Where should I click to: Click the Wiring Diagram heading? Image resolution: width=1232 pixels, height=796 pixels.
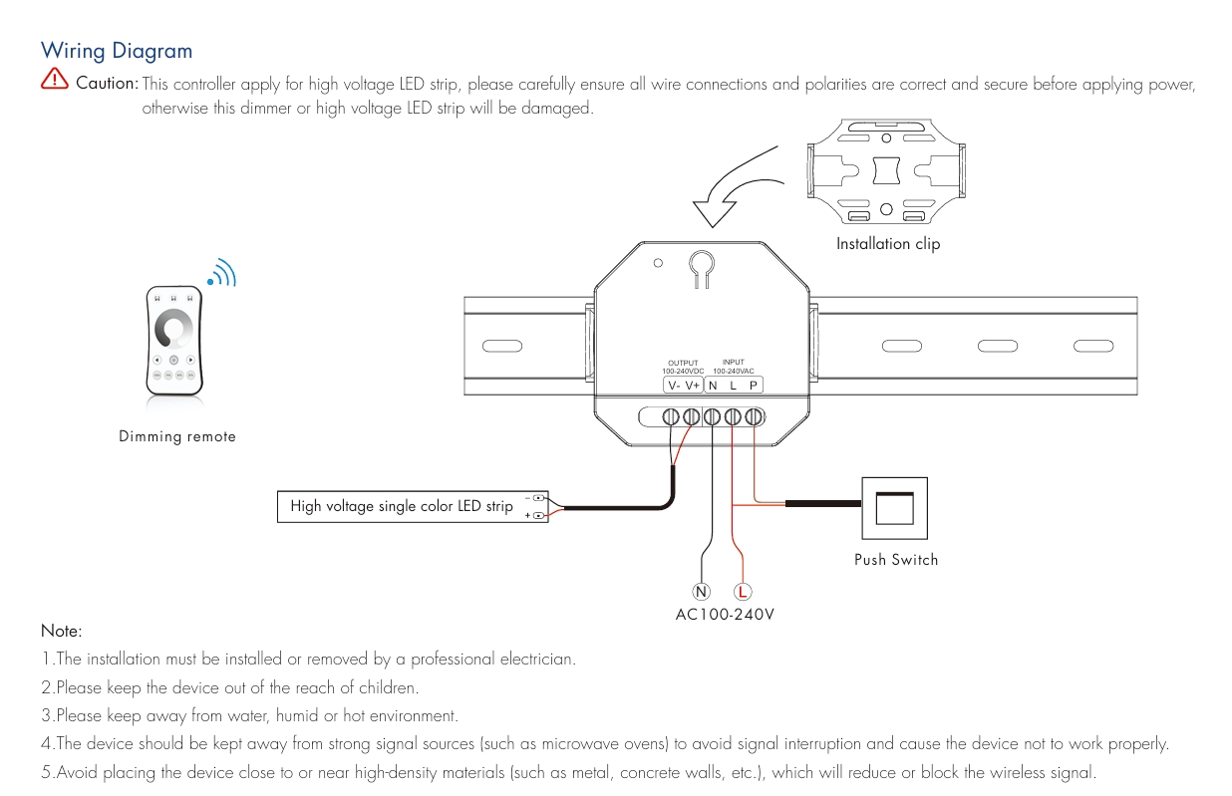(116, 50)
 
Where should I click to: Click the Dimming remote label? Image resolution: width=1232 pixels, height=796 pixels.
(177, 436)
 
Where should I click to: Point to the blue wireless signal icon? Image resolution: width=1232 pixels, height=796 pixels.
(221, 273)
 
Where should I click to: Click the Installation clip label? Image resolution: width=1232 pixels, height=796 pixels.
(887, 244)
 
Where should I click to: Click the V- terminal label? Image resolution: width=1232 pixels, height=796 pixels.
(674, 386)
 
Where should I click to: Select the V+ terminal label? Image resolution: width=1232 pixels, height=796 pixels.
(694, 386)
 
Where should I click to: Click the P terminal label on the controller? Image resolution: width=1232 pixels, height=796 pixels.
(754, 386)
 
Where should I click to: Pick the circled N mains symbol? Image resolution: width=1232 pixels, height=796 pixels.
(702, 592)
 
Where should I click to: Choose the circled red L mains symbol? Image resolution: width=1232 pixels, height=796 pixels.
(744, 592)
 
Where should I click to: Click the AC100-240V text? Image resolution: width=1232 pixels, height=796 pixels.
(725, 615)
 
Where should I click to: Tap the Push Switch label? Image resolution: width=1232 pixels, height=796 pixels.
(896, 560)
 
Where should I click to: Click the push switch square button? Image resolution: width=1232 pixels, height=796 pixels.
(895, 509)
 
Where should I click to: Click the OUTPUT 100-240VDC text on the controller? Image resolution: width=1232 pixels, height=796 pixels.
(684, 367)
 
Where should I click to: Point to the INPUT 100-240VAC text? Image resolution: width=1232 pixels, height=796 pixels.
(733, 367)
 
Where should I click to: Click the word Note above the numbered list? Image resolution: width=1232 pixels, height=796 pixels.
(61, 631)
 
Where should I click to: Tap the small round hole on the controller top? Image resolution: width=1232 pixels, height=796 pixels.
(657, 264)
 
